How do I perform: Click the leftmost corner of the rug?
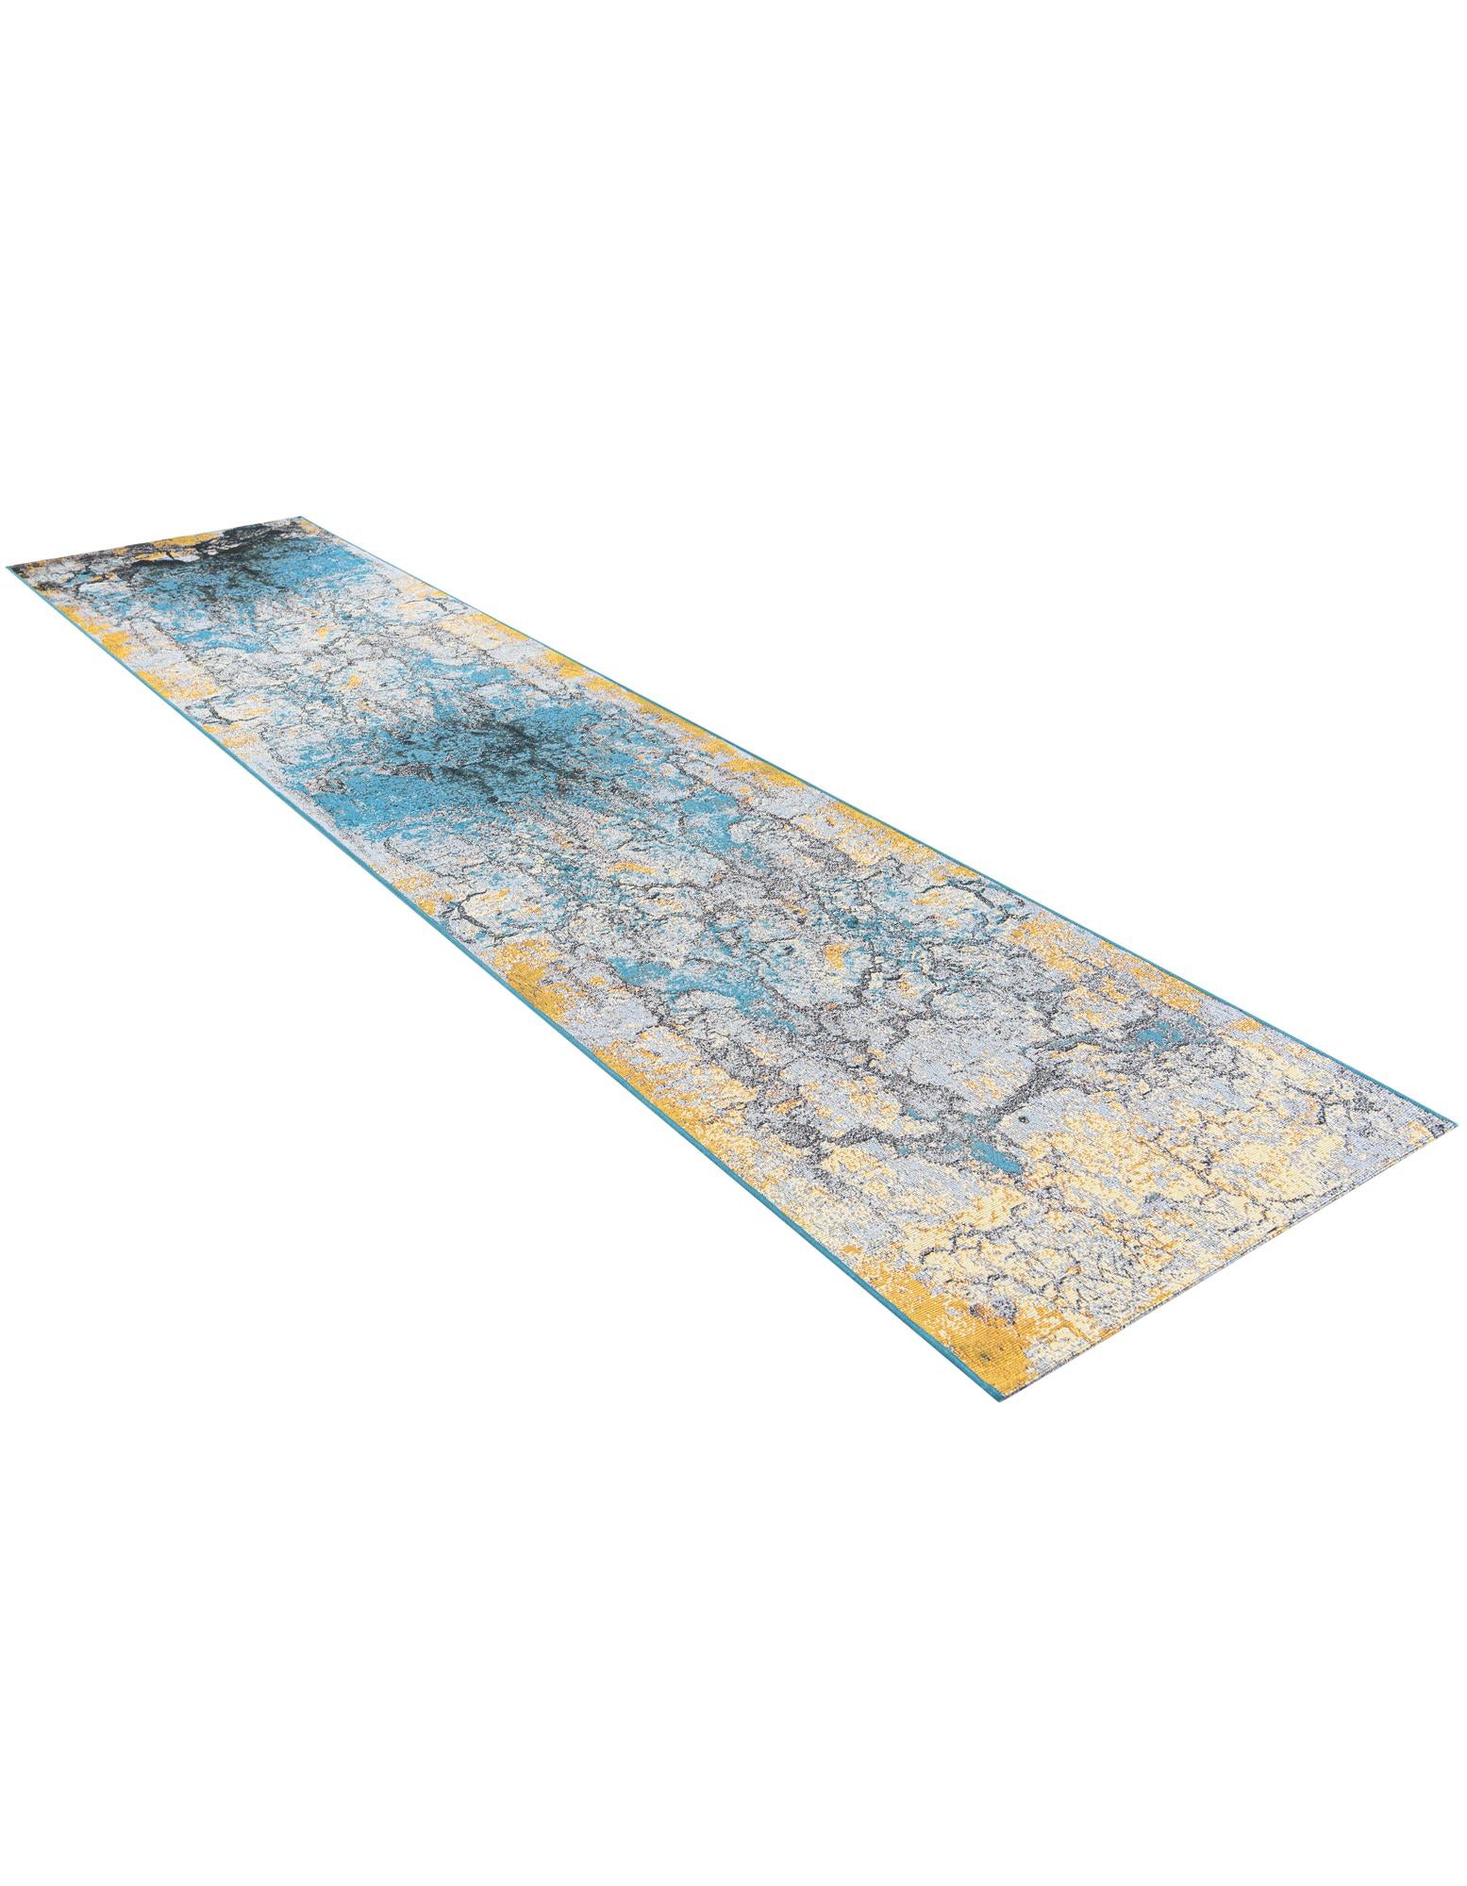9,569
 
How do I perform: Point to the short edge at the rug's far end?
156,542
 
